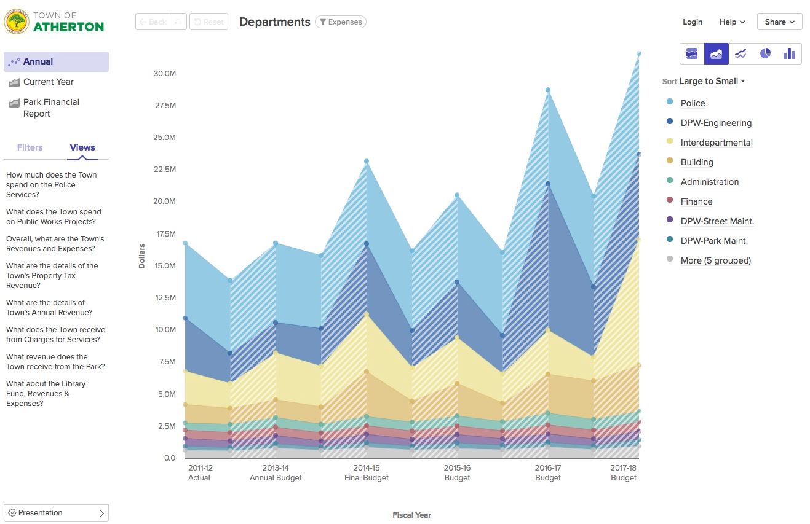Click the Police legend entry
693,103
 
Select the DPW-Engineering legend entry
716,123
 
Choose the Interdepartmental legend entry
717,143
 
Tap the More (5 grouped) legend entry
715,260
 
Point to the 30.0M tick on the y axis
165,73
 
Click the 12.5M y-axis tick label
165,297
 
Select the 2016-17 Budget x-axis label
548,472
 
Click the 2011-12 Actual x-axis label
199,472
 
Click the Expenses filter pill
341,22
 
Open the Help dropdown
732,22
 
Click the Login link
693,22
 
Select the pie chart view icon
765,53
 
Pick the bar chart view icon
789,53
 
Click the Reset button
208,22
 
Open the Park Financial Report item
51,108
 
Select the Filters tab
30,147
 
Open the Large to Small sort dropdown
712,81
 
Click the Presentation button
56,513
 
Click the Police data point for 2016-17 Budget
548,90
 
